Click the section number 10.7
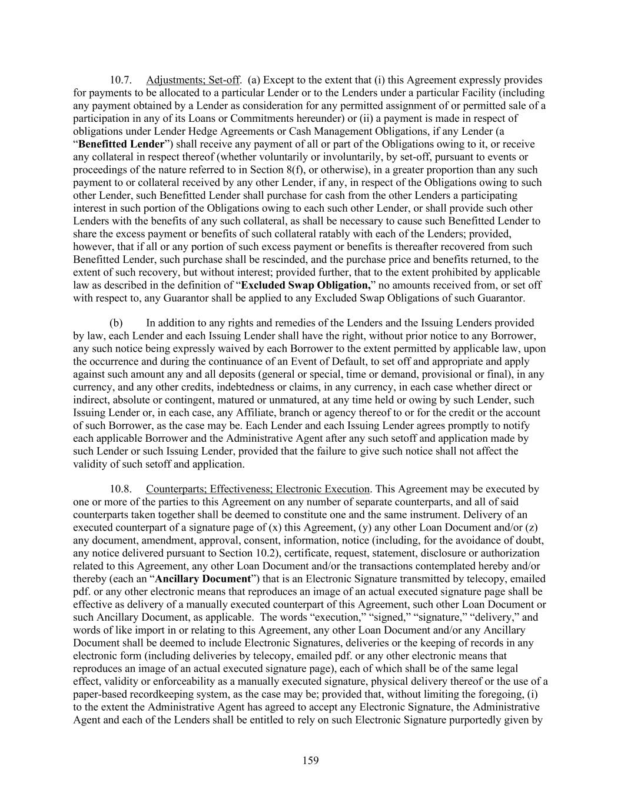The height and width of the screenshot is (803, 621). [120, 80]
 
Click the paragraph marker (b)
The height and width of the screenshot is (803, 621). [116, 323]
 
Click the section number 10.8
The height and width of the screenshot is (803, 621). [120, 489]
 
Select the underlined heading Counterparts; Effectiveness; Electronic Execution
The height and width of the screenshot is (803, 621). [258, 489]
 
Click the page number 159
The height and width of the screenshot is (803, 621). [310, 761]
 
